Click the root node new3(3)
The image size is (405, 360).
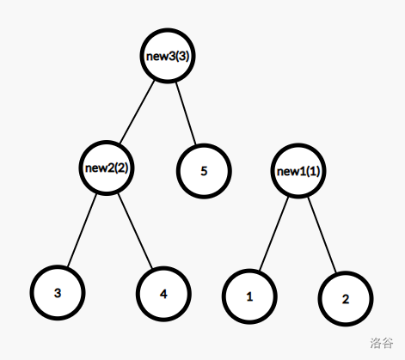[168, 56]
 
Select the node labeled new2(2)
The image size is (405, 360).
[107, 168]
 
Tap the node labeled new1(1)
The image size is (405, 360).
[298, 171]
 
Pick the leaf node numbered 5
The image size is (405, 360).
[204, 171]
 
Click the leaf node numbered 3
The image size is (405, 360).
[58, 293]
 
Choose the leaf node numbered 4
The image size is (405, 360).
[163, 294]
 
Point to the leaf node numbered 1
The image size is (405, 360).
[249, 296]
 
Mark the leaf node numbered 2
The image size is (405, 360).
[346, 299]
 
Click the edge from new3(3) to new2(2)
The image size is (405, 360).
[137, 112]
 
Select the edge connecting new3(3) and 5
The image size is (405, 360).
[186, 113]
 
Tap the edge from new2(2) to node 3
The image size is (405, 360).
[82, 230]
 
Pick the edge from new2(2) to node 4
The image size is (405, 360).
[135, 231]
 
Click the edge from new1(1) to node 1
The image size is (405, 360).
[273, 234]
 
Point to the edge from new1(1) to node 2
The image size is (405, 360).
[322, 235]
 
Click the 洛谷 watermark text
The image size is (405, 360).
[382, 343]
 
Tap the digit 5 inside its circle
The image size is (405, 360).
[204, 171]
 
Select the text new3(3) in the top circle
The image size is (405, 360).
[168, 56]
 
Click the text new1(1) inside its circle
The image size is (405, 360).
[298, 171]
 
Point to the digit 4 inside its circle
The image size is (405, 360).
[163, 294]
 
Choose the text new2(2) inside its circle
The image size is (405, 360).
[107, 168]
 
